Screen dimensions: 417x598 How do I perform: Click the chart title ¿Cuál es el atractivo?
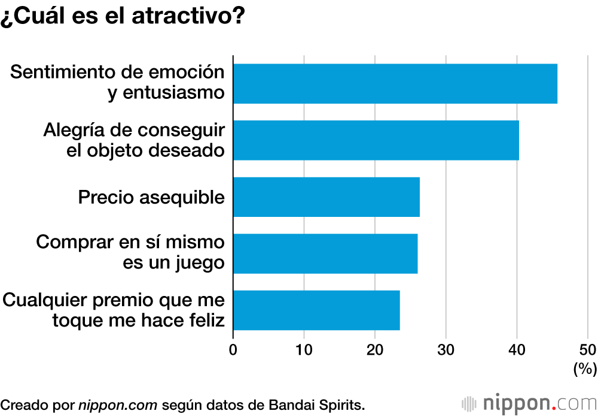(x=123, y=17)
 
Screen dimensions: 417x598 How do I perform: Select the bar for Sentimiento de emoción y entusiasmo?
(x=395, y=84)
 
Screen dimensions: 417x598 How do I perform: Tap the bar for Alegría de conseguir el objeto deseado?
(x=376, y=140)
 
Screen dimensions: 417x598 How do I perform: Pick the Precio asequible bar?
(x=326, y=197)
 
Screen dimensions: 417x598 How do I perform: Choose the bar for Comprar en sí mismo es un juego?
(x=325, y=253)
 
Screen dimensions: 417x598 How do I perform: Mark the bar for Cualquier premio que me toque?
(x=316, y=310)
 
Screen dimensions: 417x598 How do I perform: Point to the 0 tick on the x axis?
(x=233, y=350)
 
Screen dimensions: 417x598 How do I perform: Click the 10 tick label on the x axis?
(x=304, y=350)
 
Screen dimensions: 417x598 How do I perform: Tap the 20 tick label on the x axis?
(x=375, y=350)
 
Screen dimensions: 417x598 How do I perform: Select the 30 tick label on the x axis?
(x=446, y=350)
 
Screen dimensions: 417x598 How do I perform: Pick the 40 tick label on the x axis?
(x=517, y=350)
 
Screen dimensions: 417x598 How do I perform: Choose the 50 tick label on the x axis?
(x=587, y=350)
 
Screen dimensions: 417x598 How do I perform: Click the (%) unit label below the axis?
(x=585, y=368)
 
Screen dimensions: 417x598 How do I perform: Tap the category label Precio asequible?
(x=151, y=197)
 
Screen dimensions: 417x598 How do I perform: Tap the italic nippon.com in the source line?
(x=118, y=404)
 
